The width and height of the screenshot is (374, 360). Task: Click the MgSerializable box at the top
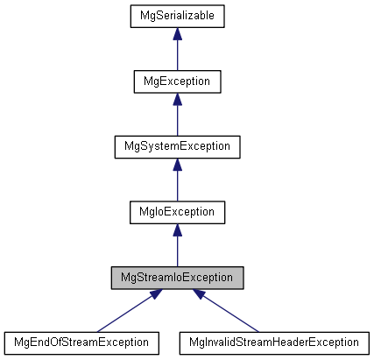(177, 16)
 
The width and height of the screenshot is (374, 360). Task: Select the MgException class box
(177, 81)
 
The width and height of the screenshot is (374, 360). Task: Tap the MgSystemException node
(177, 146)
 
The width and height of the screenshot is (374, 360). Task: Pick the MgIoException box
(177, 211)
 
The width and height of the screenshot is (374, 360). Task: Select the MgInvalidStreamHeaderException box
(272, 342)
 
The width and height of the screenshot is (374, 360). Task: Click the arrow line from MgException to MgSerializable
(177, 54)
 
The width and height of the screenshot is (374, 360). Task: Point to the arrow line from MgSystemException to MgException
(177, 119)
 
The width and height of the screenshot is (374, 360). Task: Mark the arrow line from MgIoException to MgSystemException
(177, 184)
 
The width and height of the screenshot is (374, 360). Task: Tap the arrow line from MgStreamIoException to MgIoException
(177, 250)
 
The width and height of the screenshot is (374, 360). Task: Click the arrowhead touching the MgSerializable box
(177, 33)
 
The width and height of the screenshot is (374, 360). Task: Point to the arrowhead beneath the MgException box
(177, 98)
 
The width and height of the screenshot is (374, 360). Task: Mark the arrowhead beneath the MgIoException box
(177, 229)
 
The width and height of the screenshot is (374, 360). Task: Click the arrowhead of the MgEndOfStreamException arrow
(153, 294)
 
